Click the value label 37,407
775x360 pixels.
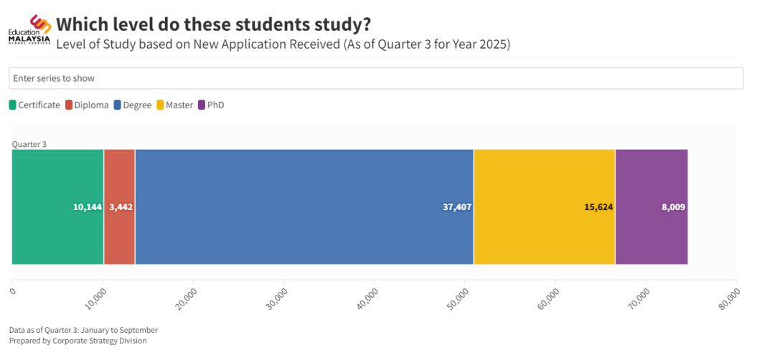pos(457,207)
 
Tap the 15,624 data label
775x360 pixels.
pos(598,207)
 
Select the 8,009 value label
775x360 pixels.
pos(673,207)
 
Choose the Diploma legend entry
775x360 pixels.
pos(87,105)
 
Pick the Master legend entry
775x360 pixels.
pos(174,105)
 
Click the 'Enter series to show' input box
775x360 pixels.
pos(375,78)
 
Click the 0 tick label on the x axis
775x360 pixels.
pos(13,290)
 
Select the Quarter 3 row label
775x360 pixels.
pos(29,144)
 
